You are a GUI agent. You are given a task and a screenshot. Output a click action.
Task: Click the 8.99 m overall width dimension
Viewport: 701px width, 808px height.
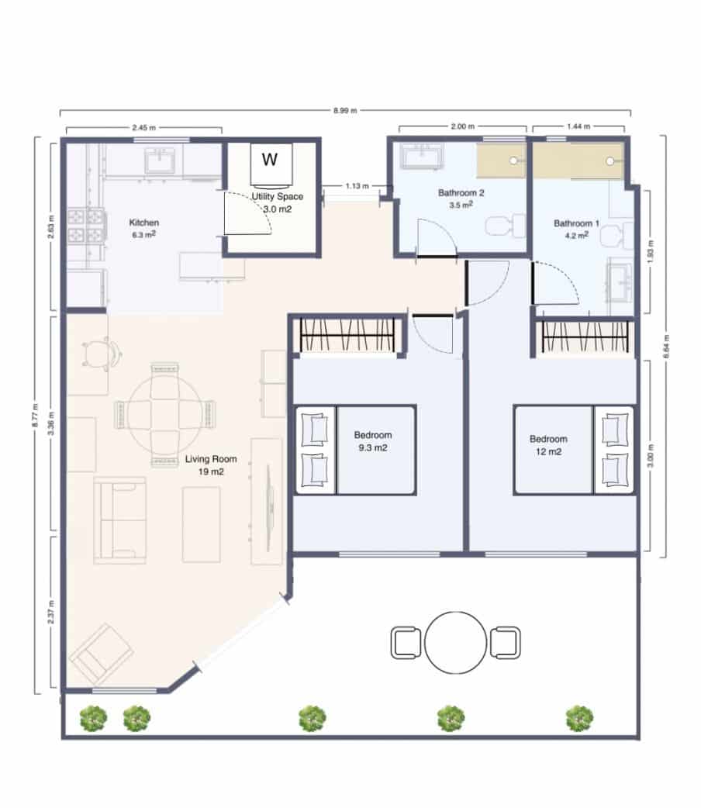pyautogui.click(x=345, y=111)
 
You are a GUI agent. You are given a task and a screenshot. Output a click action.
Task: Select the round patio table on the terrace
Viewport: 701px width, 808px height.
pyautogui.click(x=455, y=643)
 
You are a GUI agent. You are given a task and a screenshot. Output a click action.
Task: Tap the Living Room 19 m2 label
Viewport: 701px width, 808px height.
pyautogui.click(x=211, y=465)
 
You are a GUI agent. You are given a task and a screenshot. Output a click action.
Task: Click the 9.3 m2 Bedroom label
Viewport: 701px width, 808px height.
pyautogui.click(x=373, y=440)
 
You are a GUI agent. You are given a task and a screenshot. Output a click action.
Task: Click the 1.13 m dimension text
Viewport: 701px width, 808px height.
pyautogui.click(x=356, y=186)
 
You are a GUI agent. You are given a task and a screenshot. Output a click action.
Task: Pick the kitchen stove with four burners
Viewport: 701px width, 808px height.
pyautogui.click(x=85, y=226)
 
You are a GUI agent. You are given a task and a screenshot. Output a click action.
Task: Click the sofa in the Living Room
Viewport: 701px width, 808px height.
pyautogui.click(x=119, y=519)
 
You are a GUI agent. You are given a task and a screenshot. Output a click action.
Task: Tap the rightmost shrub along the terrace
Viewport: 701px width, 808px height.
pyautogui.click(x=579, y=718)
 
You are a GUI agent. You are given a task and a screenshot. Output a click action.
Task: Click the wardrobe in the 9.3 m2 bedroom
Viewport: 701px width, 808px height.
pyautogui.click(x=347, y=335)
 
